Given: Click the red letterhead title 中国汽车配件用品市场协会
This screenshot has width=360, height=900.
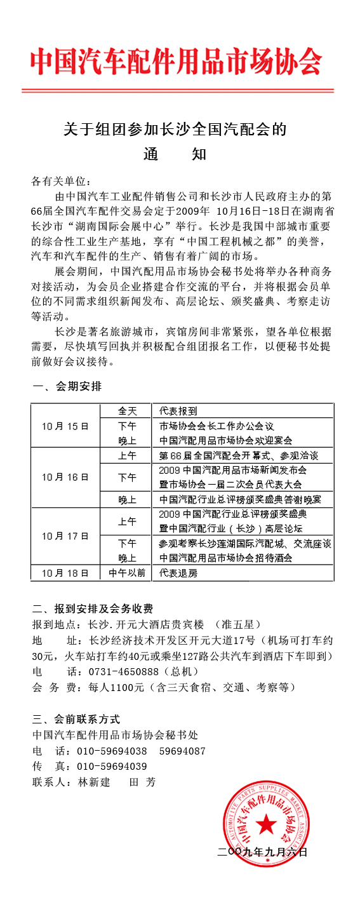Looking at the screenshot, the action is point(176,62).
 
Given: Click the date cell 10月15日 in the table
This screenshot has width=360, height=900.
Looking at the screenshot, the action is point(65,426).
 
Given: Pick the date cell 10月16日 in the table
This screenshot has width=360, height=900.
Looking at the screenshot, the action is point(65,476).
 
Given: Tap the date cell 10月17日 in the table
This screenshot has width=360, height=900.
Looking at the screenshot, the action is point(65,535).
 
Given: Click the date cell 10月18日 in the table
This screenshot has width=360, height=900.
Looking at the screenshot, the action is point(65,572).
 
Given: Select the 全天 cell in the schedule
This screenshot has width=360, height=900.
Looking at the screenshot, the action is point(127,411).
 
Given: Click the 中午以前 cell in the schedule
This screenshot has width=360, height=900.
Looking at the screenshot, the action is point(127,572).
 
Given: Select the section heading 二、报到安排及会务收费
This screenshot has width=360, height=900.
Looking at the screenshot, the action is point(93,608).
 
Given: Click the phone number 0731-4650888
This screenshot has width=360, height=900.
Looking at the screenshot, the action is point(119,671).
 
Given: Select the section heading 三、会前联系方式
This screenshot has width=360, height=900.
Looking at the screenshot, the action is point(76,720).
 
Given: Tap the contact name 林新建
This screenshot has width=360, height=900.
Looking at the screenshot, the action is point(94,782).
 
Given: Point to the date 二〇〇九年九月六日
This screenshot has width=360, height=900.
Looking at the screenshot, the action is point(262,852).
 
